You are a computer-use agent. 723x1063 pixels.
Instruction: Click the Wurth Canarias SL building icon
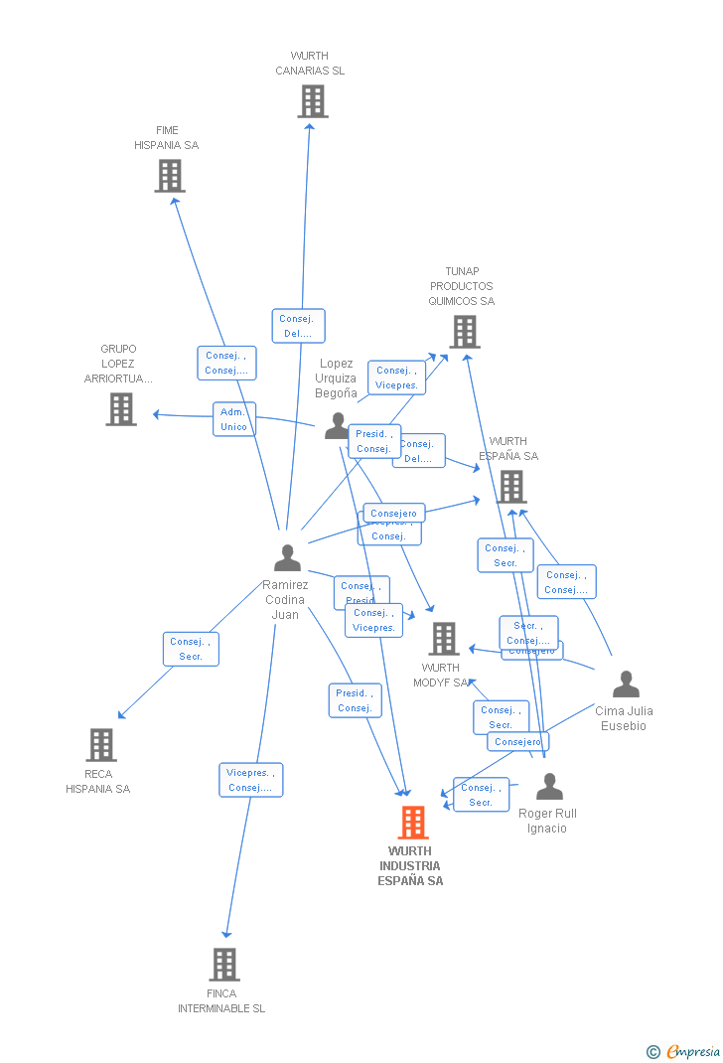coord(312,101)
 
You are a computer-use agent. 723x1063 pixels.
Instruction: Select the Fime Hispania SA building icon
coord(170,176)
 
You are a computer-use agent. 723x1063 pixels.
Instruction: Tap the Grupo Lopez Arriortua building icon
coord(121,408)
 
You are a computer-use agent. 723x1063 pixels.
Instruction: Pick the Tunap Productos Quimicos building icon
coord(464,332)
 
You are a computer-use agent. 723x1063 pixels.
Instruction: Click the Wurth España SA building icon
coord(511,487)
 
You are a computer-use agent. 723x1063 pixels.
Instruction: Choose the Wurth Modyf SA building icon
coord(443,639)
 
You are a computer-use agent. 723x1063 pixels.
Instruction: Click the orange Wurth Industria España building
coord(412,823)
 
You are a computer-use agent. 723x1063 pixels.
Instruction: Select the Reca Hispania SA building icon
coord(100,745)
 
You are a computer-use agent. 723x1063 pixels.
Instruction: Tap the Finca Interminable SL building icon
coord(224,964)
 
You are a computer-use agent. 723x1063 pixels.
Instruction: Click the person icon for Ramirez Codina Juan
coord(287,558)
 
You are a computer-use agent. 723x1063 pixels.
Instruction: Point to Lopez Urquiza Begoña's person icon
coord(337,425)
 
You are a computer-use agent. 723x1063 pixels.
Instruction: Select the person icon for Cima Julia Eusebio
coord(626,684)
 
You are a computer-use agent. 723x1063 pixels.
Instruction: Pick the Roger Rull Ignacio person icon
coord(549,787)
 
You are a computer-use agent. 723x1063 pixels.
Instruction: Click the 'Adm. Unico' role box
coord(234,419)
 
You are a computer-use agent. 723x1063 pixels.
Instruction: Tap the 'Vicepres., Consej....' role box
coord(251,780)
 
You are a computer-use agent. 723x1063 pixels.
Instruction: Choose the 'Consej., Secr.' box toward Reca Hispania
coord(191,649)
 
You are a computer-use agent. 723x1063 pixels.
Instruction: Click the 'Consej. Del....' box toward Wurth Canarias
coord(298,326)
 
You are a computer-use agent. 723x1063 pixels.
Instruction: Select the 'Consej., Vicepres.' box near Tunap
coord(396,378)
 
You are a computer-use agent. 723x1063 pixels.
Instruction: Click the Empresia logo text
coord(692,1051)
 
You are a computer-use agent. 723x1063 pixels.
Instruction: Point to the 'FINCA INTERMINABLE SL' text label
coord(221,1000)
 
